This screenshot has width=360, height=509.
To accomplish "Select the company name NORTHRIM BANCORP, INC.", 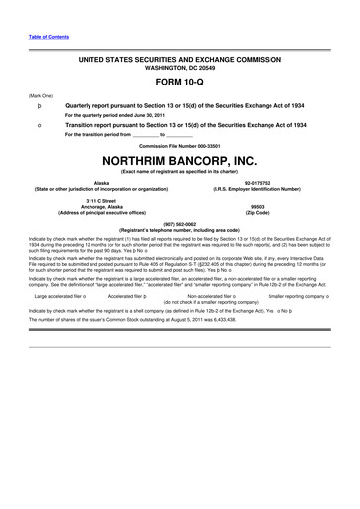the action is tap(179, 159).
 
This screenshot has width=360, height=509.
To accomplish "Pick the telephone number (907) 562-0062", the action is tap(179, 223).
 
